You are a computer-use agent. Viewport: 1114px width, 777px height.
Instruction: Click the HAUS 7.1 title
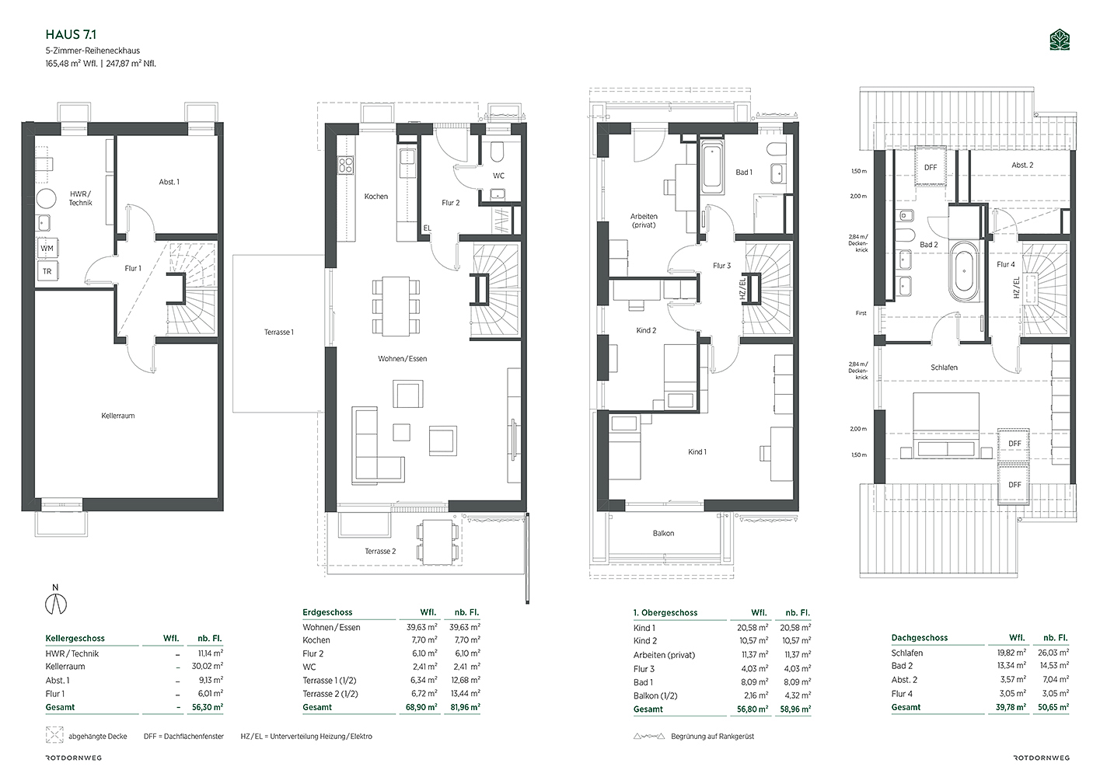click(71, 34)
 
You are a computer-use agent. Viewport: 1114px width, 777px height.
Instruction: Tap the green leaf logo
click(1060, 40)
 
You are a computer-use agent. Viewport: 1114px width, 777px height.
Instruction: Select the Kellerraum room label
click(118, 416)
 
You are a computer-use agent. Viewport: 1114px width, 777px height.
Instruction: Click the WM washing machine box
click(47, 248)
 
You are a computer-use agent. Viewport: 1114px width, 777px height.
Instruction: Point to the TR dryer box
click(47, 271)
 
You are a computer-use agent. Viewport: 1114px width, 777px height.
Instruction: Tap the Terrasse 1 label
click(278, 332)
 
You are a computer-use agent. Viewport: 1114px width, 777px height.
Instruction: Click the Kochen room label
click(376, 197)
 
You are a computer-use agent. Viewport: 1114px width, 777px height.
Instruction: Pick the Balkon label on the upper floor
click(663, 534)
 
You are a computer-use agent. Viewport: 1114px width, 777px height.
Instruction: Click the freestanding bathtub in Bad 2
click(964, 271)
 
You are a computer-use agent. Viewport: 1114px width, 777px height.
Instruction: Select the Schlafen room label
click(944, 368)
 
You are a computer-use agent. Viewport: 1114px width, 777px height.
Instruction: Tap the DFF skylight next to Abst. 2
click(931, 167)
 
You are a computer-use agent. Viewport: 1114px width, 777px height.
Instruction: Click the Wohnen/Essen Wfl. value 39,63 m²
click(421, 627)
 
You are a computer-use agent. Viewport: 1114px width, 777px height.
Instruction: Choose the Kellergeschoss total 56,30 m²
click(208, 707)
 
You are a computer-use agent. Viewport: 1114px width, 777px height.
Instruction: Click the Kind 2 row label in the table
click(645, 641)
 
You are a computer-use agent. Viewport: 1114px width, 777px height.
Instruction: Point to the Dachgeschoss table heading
click(920, 637)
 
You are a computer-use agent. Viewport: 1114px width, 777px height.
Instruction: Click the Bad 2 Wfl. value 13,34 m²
click(1011, 666)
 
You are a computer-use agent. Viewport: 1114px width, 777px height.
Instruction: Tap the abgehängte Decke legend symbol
click(54, 735)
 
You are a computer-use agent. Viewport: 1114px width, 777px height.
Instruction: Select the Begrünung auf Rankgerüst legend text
click(712, 737)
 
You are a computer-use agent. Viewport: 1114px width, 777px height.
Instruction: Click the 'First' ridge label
click(861, 313)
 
